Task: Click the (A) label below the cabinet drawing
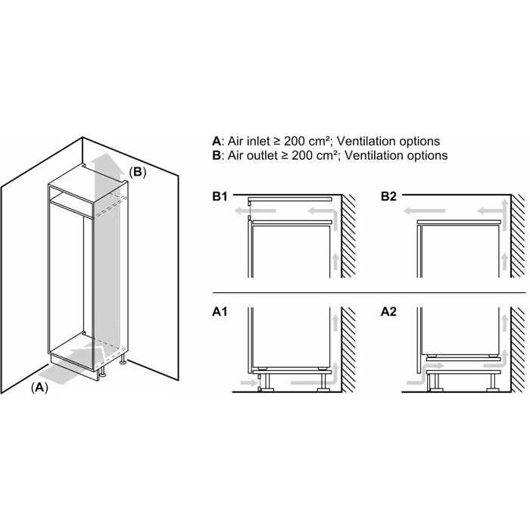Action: (x=39, y=387)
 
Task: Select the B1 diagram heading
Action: (x=220, y=197)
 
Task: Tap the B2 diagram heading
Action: (x=388, y=197)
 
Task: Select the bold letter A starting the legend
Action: (x=217, y=142)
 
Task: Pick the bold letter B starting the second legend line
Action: (x=217, y=155)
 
